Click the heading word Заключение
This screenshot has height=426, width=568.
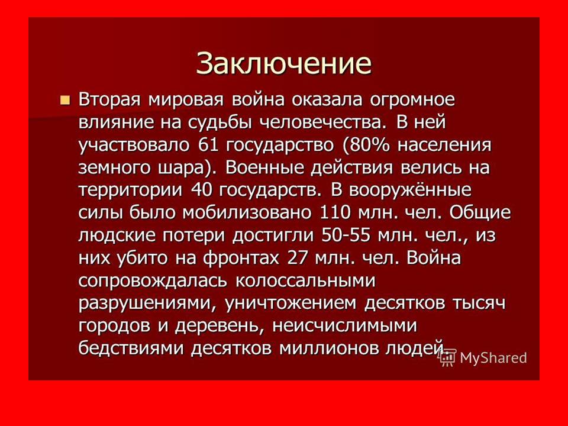click(283, 62)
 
